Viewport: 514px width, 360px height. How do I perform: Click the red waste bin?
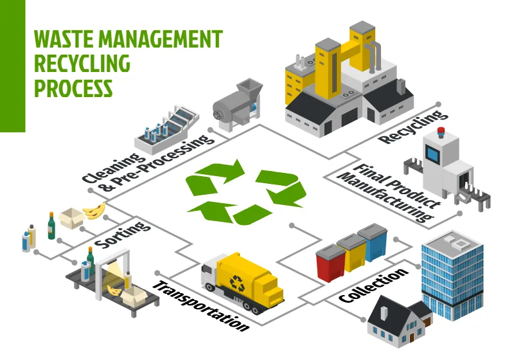[331, 262]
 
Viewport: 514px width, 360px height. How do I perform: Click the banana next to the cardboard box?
[94, 210]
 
